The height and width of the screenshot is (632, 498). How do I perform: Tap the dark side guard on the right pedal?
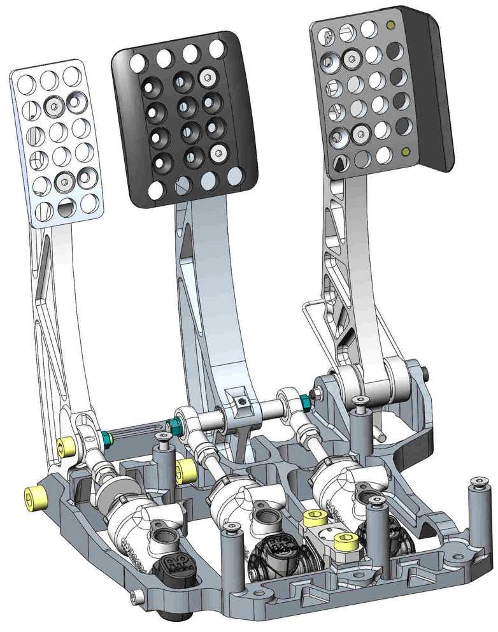(433, 96)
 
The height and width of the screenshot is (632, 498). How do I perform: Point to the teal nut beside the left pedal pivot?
(106, 438)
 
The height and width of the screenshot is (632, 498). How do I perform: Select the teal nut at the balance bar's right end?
(304, 401)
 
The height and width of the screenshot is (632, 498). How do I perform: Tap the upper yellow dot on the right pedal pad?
(390, 26)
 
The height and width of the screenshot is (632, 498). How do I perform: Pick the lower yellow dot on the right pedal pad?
(405, 152)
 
